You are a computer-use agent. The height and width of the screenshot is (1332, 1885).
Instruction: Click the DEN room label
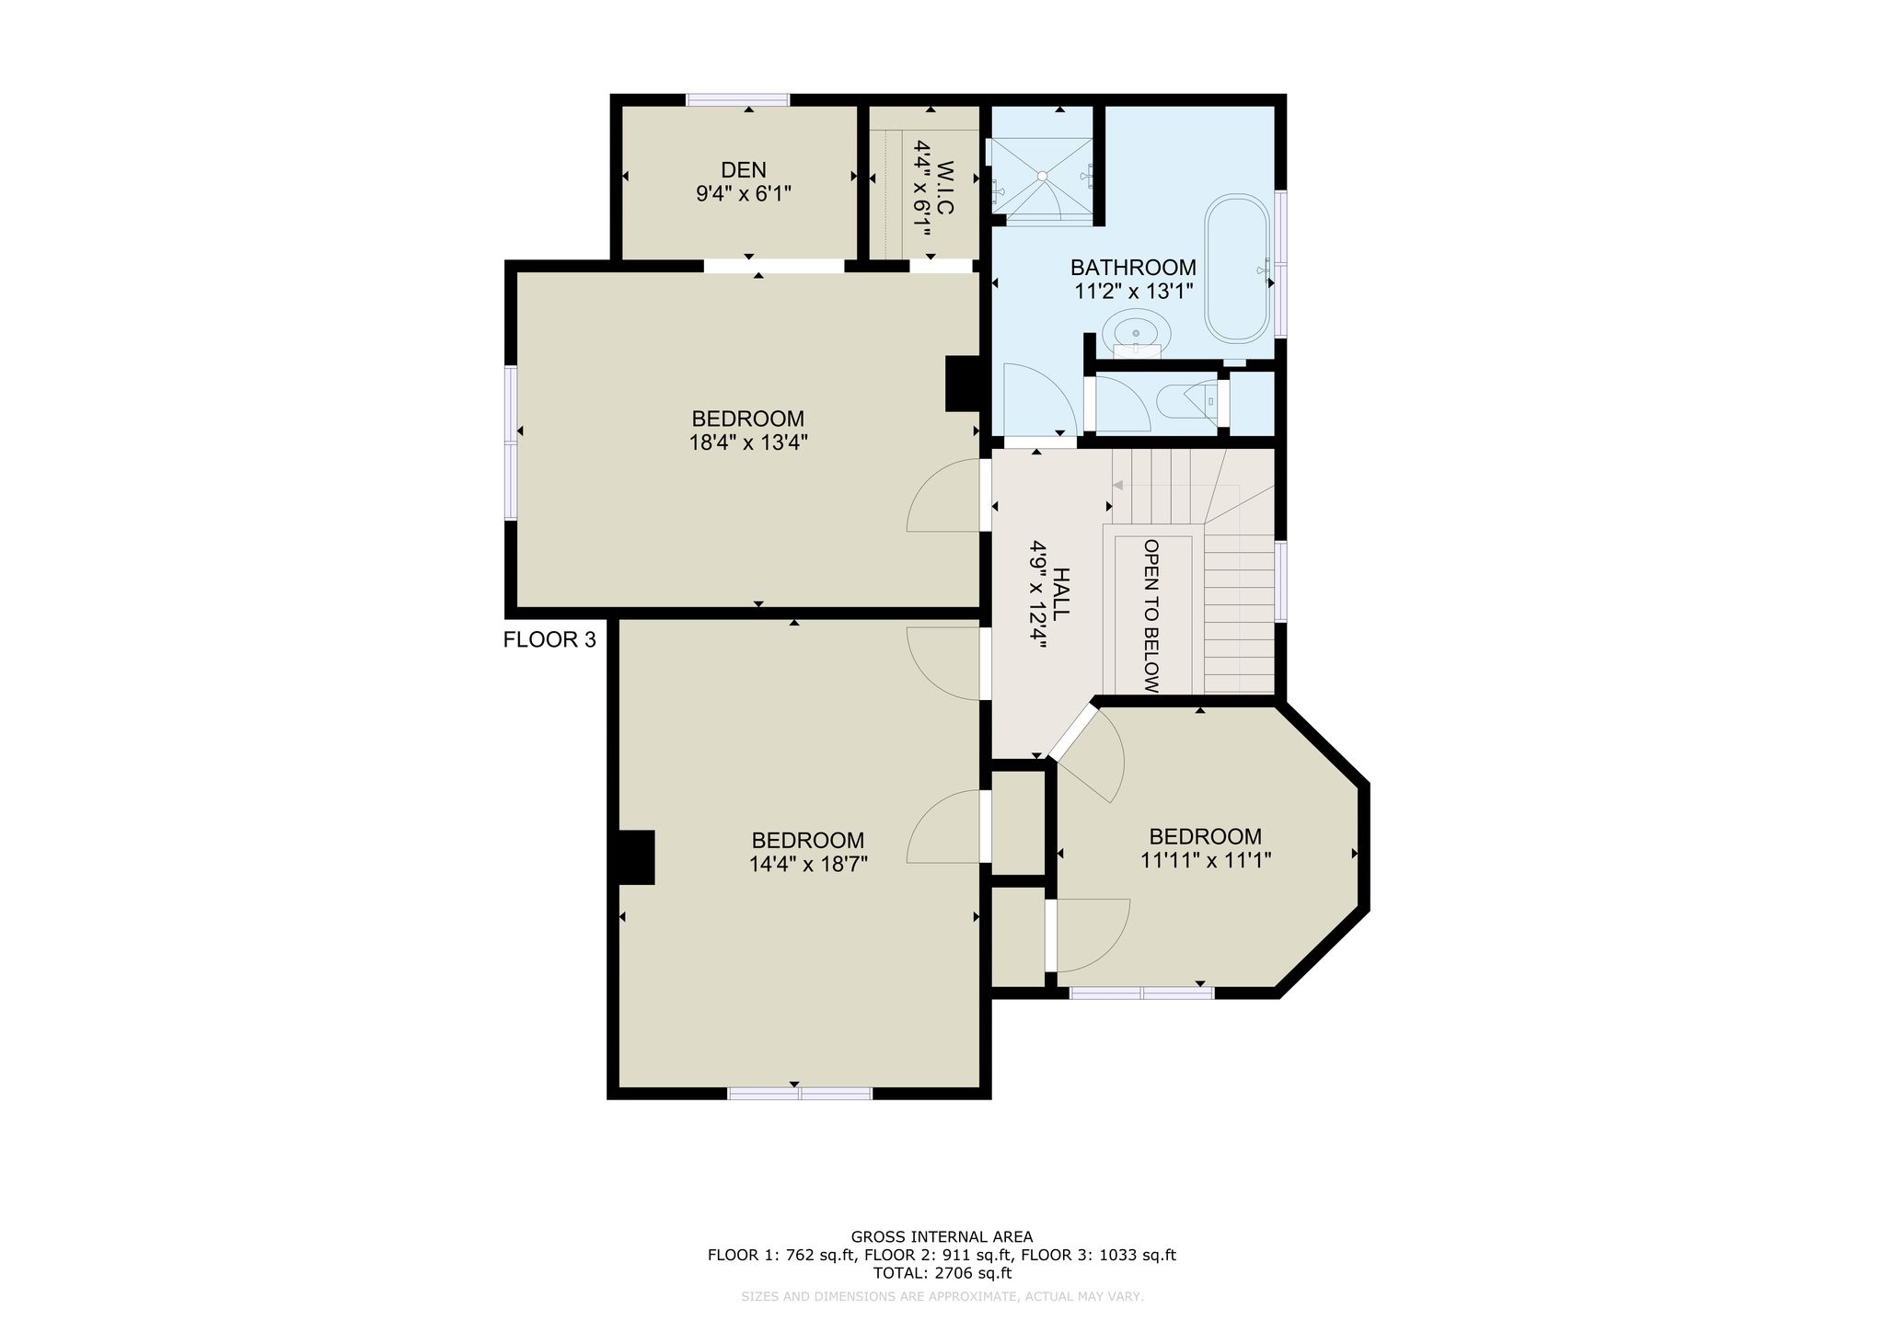click(x=744, y=170)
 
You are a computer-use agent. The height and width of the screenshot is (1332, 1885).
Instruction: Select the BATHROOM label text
click(x=1133, y=268)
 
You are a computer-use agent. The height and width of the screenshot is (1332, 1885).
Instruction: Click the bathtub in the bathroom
click(x=1238, y=268)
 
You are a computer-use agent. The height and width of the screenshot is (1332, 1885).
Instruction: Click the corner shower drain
click(x=1043, y=175)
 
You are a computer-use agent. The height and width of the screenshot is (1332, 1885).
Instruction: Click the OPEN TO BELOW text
click(x=1151, y=615)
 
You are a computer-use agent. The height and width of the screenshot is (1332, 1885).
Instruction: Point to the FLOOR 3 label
click(x=549, y=640)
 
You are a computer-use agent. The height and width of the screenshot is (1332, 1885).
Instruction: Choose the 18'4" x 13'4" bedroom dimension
click(x=748, y=442)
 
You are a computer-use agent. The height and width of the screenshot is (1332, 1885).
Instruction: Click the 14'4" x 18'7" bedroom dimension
click(x=808, y=864)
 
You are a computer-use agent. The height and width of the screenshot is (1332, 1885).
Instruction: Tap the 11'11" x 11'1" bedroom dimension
click(x=1206, y=860)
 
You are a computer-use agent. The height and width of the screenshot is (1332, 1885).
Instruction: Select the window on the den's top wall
click(x=737, y=99)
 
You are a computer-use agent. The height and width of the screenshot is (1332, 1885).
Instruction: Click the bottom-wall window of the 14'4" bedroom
click(x=800, y=1093)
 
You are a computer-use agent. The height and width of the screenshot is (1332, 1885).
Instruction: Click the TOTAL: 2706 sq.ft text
click(x=942, y=1274)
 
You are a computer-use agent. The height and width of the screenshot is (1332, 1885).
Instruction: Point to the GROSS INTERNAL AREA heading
click(x=942, y=1237)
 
